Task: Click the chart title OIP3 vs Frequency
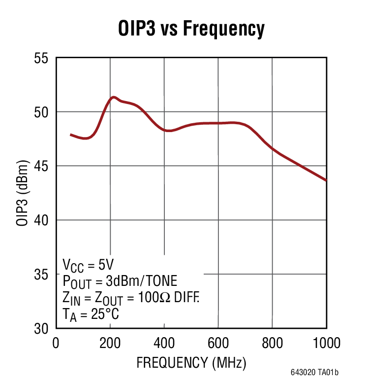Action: coord(191,29)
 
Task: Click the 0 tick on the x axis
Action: coord(56,343)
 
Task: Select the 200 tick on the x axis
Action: coord(110,343)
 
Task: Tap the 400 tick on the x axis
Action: coord(164,343)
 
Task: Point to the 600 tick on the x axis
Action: coord(218,343)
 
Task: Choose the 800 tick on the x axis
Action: coord(272,343)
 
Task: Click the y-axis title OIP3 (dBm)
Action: coord(22,193)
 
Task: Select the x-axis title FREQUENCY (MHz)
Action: coord(191,363)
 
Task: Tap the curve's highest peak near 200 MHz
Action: coord(114,97)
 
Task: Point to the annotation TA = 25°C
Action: coord(91,314)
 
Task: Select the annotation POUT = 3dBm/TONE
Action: coord(120,281)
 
